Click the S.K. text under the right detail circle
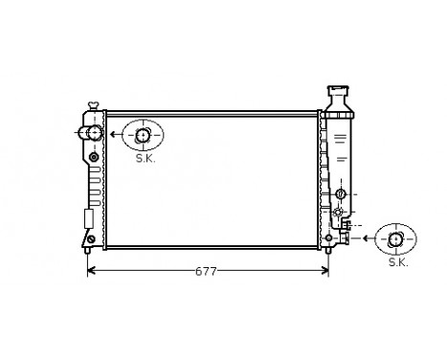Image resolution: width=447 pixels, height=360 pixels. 397,260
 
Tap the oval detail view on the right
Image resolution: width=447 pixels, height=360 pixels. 396,237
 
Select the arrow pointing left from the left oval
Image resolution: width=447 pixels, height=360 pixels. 114,134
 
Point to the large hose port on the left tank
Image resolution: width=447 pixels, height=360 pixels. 93,133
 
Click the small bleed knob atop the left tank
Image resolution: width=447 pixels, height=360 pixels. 93,104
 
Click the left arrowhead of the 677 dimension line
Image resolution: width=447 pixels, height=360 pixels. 91,271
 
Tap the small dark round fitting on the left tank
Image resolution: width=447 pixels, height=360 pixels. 94,156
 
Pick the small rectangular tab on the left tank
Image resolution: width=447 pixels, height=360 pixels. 89,218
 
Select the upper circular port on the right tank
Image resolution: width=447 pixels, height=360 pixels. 339,194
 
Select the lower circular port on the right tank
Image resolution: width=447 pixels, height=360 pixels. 339,211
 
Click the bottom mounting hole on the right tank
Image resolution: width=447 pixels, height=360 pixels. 329,237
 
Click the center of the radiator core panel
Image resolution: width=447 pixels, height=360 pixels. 211,180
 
